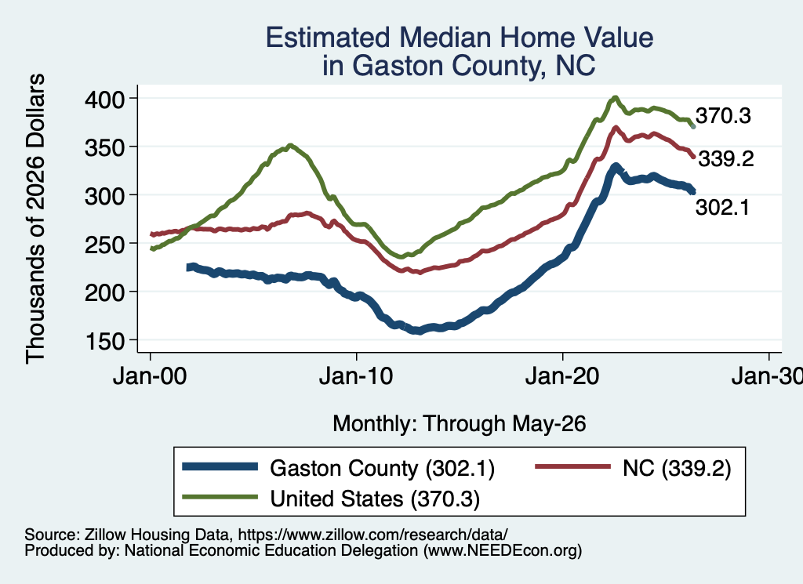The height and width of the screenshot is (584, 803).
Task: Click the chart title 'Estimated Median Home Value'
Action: click(x=460, y=38)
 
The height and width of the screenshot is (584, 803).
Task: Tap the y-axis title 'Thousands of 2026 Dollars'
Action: click(x=35, y=219)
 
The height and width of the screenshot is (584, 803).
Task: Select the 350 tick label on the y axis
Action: click(x=104, y=147)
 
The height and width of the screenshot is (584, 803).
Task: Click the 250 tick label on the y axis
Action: click(x=104, y=244)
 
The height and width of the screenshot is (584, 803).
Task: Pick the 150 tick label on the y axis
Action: click(x=104, y=341)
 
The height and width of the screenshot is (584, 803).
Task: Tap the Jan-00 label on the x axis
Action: click(x=150, y=377)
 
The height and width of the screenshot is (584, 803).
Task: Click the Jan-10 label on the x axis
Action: click(x=356, y=377)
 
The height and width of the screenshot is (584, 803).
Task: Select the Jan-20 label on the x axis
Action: click(x=562, y=377)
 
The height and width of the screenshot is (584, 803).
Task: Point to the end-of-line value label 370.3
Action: click(x=723, y=116)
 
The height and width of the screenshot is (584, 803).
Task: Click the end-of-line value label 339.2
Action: click(x=726, y=159)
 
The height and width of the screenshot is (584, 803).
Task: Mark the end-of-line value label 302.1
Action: click(x=722, y=207)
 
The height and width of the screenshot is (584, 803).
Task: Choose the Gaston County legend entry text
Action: click(x=382, y=468)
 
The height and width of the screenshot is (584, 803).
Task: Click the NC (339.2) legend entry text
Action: click(x=677, y=468)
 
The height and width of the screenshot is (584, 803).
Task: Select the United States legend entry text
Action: click(x=375, y=499)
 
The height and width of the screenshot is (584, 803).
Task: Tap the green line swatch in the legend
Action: click(x=220, y=497)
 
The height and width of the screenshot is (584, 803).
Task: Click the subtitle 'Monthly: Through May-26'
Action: click(x=460, y=424)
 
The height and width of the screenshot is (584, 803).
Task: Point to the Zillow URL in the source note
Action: click(x=373, y=535)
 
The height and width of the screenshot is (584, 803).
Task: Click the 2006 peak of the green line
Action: click(x=290, y=145)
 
